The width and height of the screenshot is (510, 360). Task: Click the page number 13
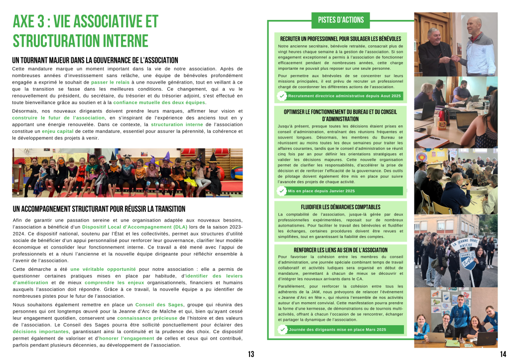point(251,354)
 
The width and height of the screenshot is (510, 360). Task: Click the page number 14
point(502,354)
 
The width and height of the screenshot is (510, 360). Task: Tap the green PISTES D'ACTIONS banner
point(341,20)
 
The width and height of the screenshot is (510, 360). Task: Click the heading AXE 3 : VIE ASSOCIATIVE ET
point(86,21)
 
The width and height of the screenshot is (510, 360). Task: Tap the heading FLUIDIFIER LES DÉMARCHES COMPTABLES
point(340,207)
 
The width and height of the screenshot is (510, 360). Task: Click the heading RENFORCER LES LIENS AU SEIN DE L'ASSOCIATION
point(340,249)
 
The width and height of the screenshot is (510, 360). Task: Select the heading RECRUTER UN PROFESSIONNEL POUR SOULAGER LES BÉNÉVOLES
point(340,38)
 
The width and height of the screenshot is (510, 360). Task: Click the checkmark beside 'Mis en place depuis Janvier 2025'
point(282,191)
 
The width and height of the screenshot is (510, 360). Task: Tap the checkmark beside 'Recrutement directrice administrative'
point(282,96)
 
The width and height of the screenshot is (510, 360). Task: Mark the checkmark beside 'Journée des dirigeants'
point(282,330)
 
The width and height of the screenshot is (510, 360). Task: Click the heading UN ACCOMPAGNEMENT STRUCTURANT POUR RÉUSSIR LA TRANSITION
point(99,209)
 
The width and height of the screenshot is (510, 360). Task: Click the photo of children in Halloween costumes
point(127,172)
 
